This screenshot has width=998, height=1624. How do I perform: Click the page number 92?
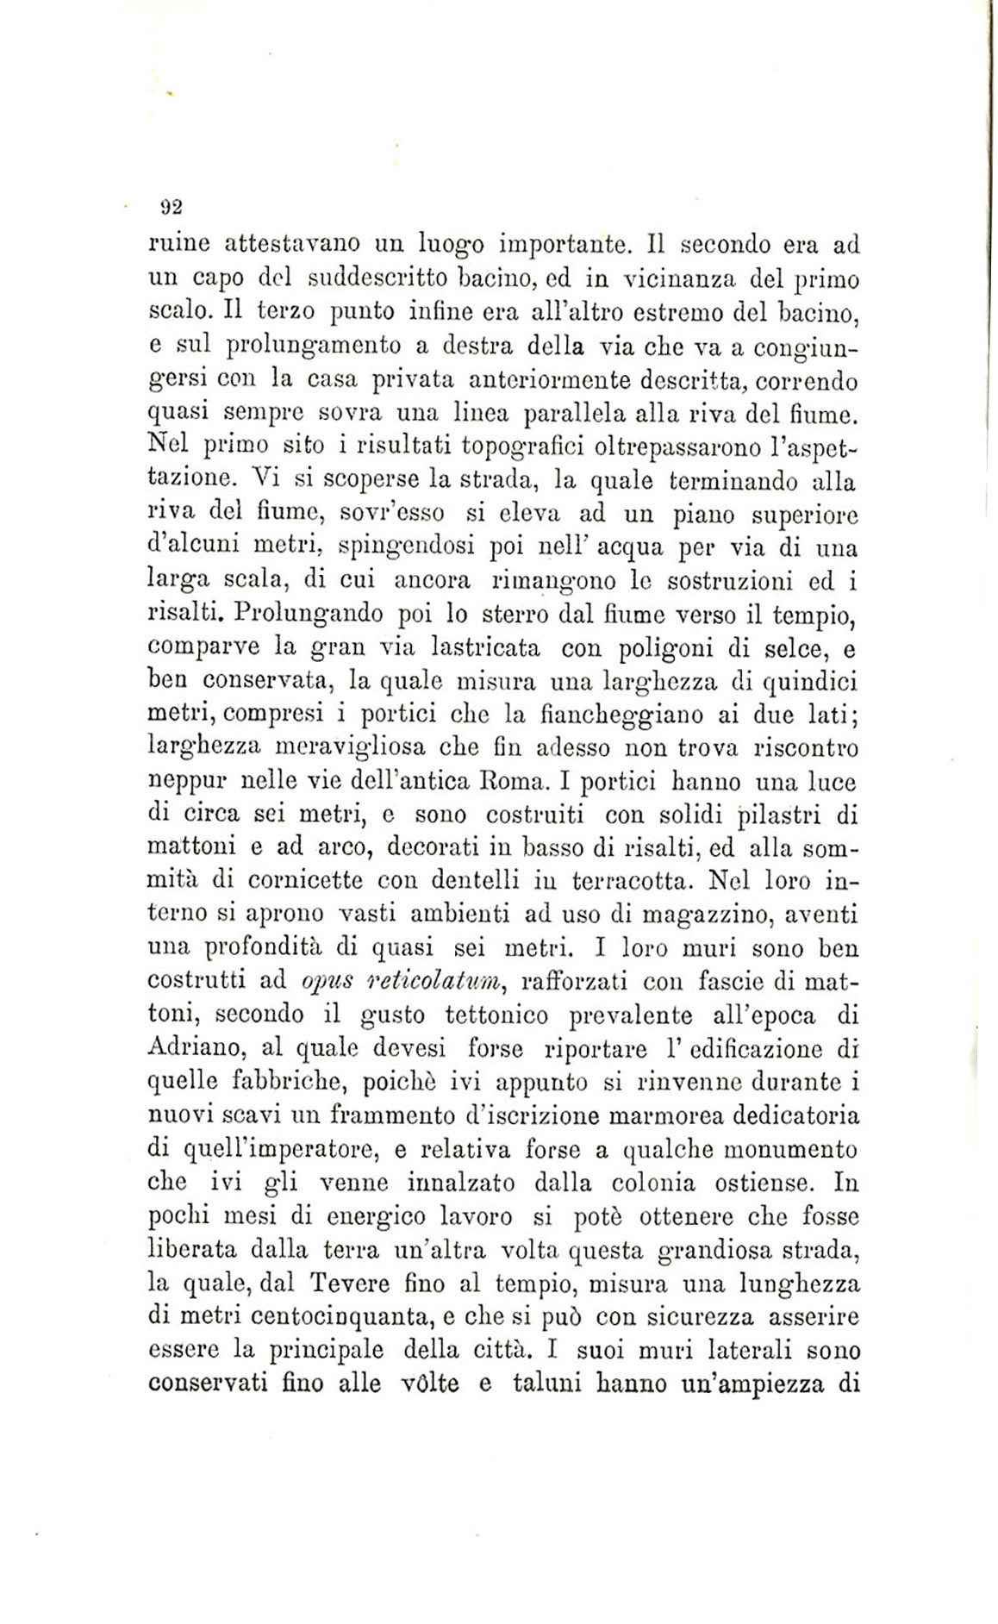169,207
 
